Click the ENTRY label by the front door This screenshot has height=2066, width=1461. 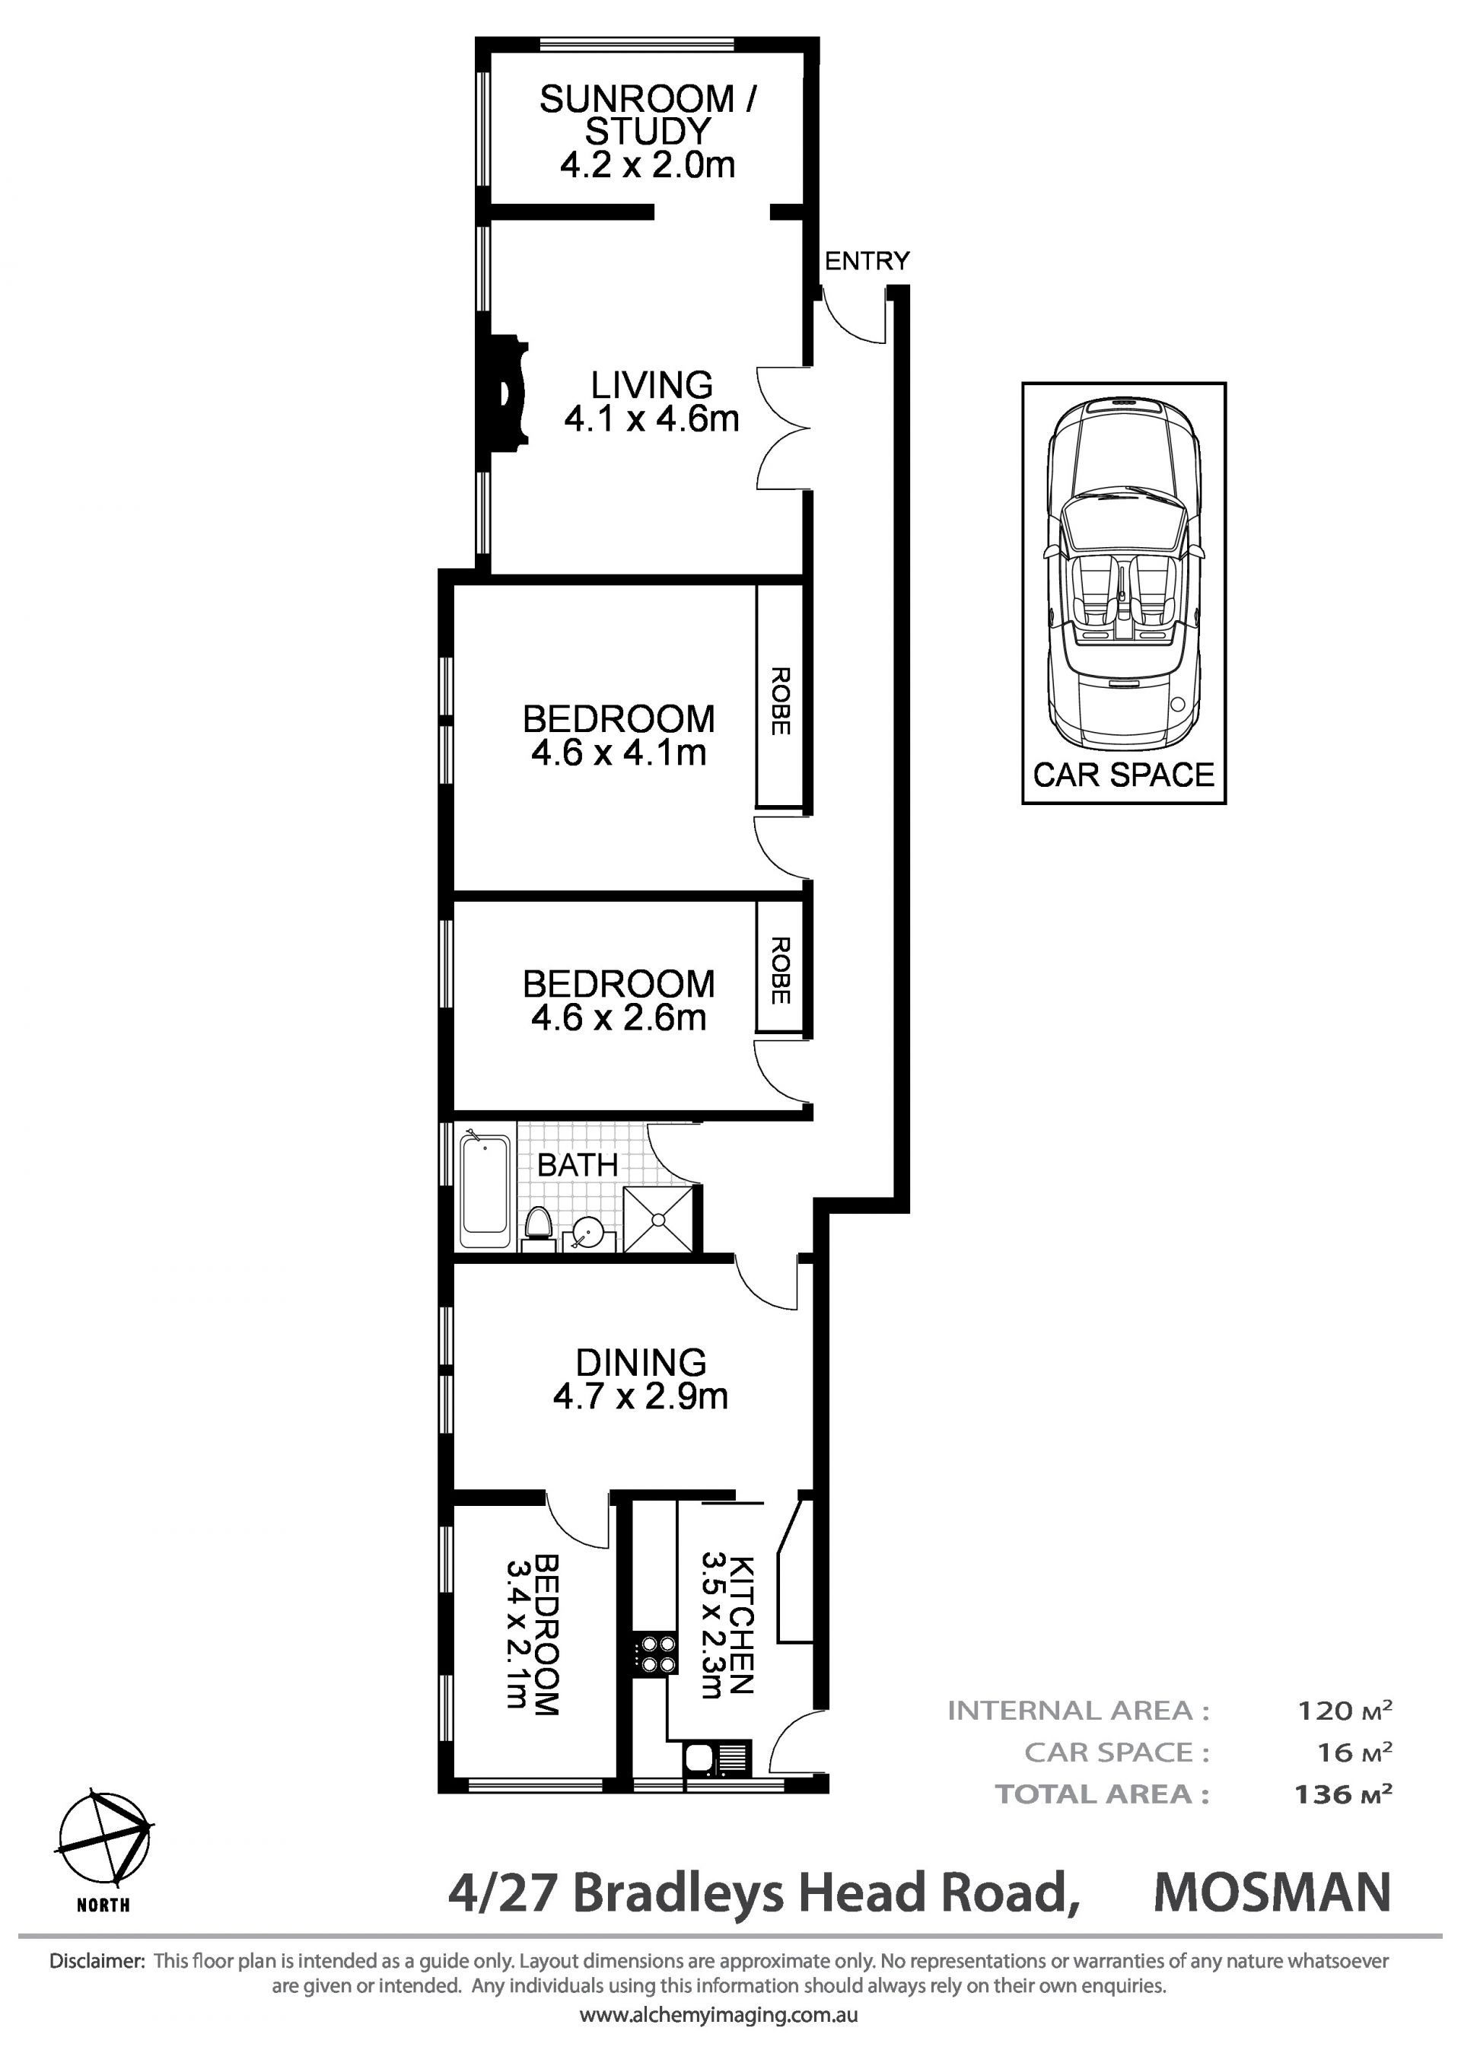[867, 261]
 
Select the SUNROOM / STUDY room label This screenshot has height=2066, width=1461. [648, 114]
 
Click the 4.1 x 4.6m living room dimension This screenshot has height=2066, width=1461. [651, 419]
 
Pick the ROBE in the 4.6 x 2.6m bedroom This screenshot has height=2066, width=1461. [780, 971]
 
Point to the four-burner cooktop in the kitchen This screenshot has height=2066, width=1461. [656, 1654]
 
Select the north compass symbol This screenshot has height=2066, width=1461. [104, 1839]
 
